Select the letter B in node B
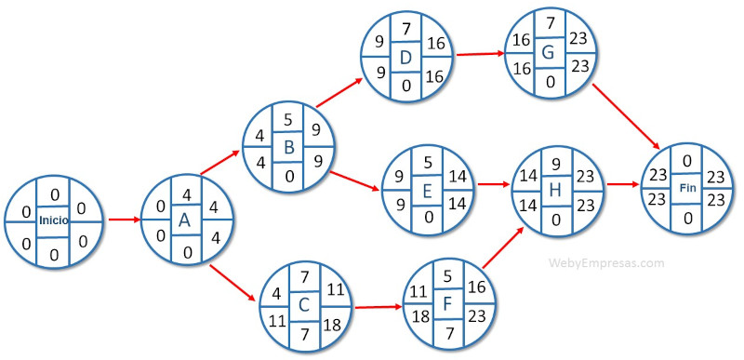click(x=288, y=147)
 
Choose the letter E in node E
click(x=428, y=191)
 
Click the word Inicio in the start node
click(x=52, y=220)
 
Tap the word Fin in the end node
click(x=688, y=188)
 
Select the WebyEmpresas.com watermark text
click(x=607, y=263)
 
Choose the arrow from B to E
click(x=356, y=180)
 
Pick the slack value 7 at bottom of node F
click(x=447, y=330)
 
